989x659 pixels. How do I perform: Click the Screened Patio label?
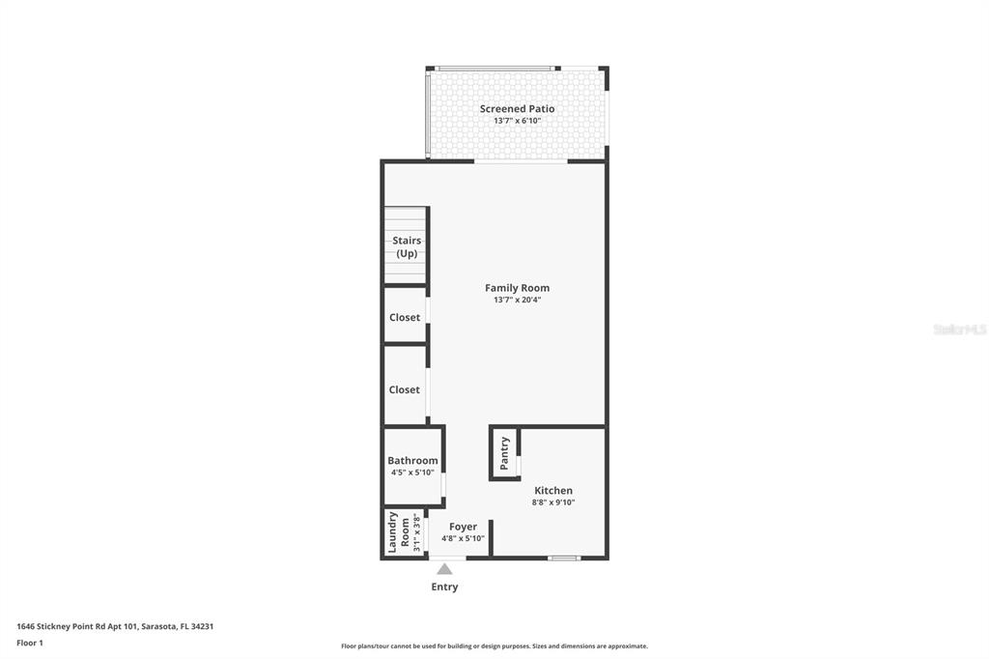(x=517, y=109)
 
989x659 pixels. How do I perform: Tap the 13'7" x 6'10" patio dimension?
(x=517, y=121)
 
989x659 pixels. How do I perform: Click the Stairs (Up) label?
(x=407, y=246)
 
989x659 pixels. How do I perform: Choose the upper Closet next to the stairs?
(x=405, y=317)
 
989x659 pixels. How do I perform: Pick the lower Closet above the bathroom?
(x=405, y=389)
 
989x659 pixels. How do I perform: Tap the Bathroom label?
(x=412, y=461)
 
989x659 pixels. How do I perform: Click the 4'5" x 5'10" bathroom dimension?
(x=412, y=473)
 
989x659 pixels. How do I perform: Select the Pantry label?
(x=504, y=453)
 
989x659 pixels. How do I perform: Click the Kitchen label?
(x=553, y=491)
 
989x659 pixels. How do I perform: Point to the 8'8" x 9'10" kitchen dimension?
(x=553, y=502)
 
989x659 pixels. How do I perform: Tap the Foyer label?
(x=463, y=527)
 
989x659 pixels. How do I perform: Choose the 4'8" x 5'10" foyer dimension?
(x=463, y=538)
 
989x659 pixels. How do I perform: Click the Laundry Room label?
(x=399, y=532)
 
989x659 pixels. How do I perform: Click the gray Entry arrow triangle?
(x=444, y=569)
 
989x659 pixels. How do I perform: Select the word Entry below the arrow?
(x=444, y=587)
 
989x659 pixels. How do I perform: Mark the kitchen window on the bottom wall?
(x=563, y=558)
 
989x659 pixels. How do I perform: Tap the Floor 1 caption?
(x=30, y=643)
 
